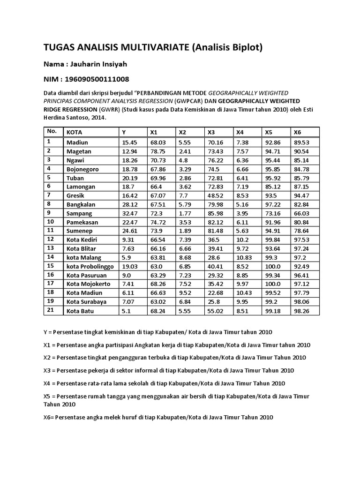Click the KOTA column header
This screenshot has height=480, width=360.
point(74,132)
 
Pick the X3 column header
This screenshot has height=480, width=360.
point(211,132)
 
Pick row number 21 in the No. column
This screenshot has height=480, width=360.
point(50,310)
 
